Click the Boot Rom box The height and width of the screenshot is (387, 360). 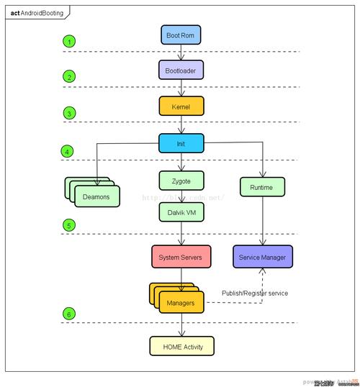coord(181,34)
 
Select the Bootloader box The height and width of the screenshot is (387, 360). coord(181,69)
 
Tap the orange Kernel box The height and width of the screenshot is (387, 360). coord(181,106)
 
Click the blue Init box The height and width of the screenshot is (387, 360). coord(181,143)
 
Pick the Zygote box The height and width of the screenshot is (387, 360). coord(181,180)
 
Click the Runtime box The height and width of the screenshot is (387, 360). coord(262,186)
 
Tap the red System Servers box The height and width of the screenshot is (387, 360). coord(181,257)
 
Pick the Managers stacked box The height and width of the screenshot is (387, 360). coord(180,303)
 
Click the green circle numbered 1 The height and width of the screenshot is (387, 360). coord(69,41)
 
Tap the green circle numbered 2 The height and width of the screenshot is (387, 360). coord(69,76)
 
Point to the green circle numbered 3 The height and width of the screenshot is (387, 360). coord(69,113)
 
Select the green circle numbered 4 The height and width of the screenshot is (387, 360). coord(67,151)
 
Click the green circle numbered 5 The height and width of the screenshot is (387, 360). coord(69,225)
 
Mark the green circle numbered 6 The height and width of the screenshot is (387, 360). coord(69,314)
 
